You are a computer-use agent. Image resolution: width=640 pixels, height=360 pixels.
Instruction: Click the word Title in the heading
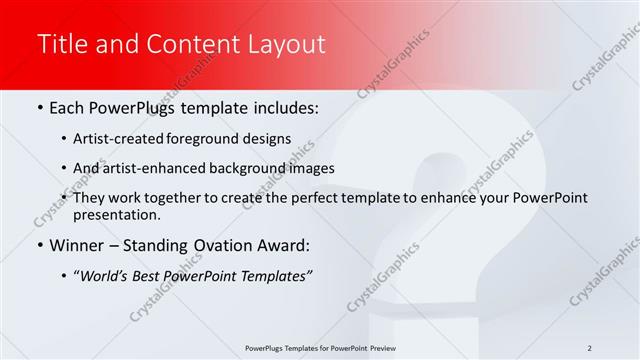60,44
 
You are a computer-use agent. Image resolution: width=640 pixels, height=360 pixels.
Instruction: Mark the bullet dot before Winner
39,245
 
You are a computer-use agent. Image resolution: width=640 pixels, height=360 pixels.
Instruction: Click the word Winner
77,245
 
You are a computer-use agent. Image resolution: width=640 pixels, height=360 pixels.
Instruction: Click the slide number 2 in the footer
589,347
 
